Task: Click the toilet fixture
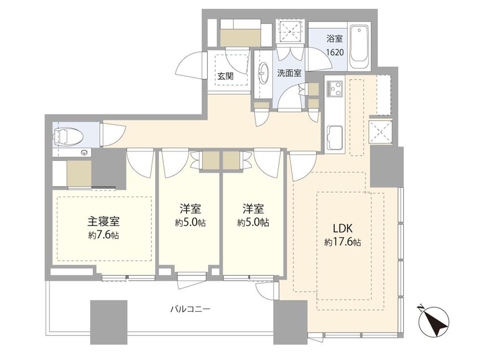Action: (68, 135)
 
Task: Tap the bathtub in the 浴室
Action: (360, 48)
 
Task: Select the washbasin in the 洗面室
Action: (263, 73)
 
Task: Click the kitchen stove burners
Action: (334, 88)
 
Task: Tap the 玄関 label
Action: (226, 76)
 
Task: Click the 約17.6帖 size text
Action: (342, 242)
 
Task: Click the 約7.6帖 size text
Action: (104, 235)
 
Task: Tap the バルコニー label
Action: (190, 309)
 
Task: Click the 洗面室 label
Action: (289, 73)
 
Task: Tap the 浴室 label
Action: (334, 39)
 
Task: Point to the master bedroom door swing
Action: (140, 162)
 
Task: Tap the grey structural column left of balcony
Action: (109, 322)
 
